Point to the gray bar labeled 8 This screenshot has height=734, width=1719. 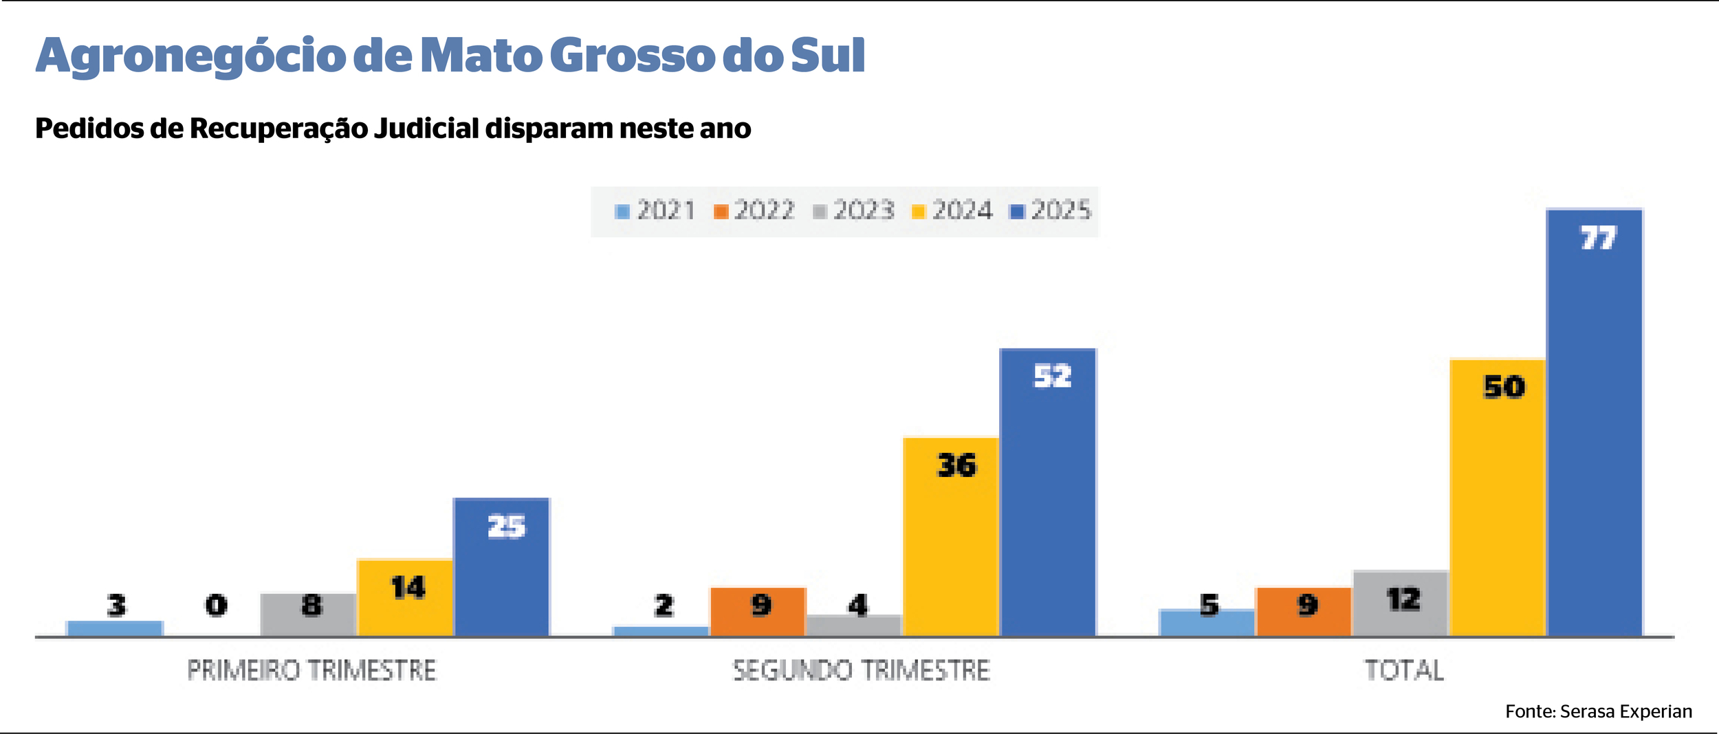pos(308,615)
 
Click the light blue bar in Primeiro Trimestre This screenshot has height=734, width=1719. pos(114,628)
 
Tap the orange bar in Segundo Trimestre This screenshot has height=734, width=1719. pos(758,612)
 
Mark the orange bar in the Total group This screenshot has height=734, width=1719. pos(1303,612)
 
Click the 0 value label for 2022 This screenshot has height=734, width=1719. pos(216,605)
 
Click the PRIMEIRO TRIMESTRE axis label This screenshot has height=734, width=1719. pos(311,670)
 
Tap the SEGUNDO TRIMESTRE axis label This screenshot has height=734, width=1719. pos(861,670)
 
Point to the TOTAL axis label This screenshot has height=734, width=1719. pos(1404,670)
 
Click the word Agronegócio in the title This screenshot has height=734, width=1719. pos(190,56)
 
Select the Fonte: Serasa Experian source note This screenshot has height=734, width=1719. pos(1598,712)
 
